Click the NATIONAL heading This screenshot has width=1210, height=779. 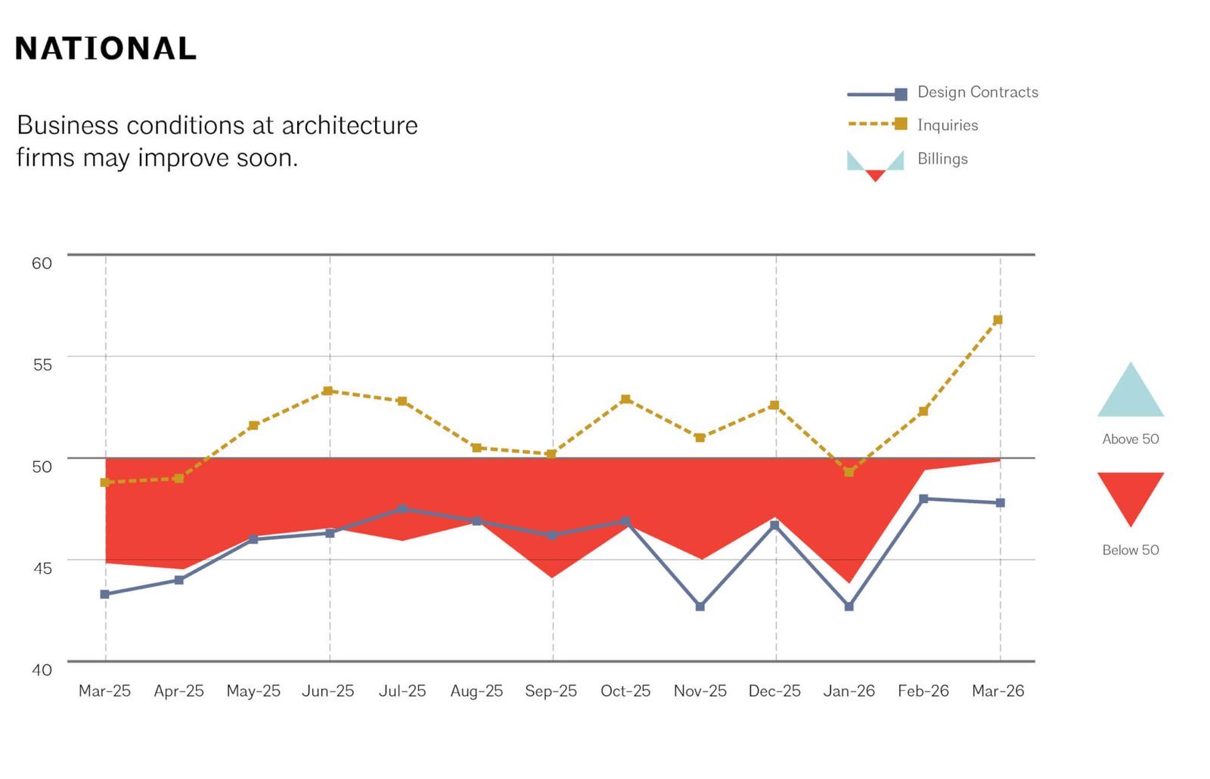(106, 49)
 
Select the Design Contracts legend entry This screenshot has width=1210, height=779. (977, 92)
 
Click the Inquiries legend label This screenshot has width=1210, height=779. (947, 126)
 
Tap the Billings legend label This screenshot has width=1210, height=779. (942, 159)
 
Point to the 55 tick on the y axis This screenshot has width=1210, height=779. (42, 365)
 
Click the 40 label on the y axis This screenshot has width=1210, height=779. (42, 669)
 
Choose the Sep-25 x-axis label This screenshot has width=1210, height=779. (551, 691)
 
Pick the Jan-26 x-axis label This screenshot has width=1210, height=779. (849, 691)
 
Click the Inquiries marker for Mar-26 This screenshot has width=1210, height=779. (997, 320)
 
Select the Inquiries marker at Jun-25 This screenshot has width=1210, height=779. (327, 391)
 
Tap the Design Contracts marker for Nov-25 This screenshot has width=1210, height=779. (700, 607)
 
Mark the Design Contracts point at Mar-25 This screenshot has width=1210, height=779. (105, 594)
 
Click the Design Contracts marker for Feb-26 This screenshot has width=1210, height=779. (923, 499)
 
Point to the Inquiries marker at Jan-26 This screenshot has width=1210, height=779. (849, 472)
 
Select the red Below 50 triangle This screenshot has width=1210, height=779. (1130, 493)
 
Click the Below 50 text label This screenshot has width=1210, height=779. (1130, 551)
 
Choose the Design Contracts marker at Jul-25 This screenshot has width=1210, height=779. (402, 509)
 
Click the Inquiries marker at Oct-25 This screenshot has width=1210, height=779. (625, 399)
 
